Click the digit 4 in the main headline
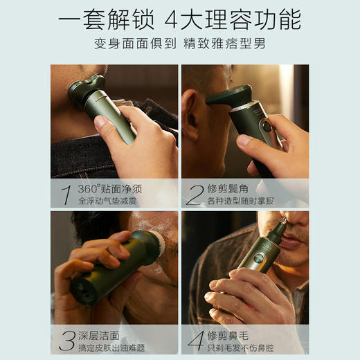171,20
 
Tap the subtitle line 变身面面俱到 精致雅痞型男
180,44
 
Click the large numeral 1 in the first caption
66,195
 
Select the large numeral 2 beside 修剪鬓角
195,195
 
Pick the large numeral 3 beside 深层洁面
67,341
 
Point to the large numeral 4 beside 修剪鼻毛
197,341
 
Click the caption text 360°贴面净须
110,189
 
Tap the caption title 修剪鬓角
228,189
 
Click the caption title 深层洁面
99,336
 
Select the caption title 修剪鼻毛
228,336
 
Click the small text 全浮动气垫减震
107,201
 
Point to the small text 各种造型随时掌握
240,201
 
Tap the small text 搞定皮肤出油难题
111,348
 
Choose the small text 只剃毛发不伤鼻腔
240,348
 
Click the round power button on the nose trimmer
258,258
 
